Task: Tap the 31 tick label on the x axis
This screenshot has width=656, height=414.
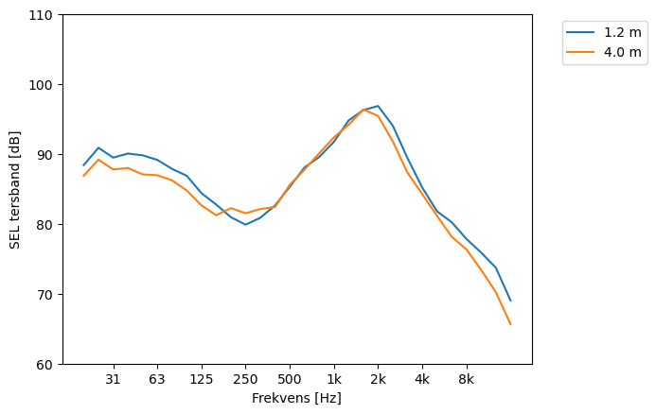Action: (x=113, y=379)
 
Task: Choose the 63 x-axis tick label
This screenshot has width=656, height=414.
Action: (x=157, y=379)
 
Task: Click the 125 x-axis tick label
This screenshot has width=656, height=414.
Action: (x=201, y=379)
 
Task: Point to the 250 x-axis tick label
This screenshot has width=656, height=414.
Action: (x=245, y=379)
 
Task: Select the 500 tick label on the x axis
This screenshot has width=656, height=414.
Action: (x=290, y=379)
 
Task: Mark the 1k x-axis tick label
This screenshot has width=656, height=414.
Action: (x=334, y=379)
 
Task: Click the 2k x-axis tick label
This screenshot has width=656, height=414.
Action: (x=378, y=379)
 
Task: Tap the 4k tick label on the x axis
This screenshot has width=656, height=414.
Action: (x=422, y=379)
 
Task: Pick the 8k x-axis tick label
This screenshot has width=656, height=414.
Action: (x=467, y=379)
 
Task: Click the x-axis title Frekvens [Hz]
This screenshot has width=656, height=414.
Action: (x=296, y=399)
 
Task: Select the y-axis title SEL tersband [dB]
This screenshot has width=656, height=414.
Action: (x=15, y=189)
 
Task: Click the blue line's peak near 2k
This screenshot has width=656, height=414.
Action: (x=378, y=106)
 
